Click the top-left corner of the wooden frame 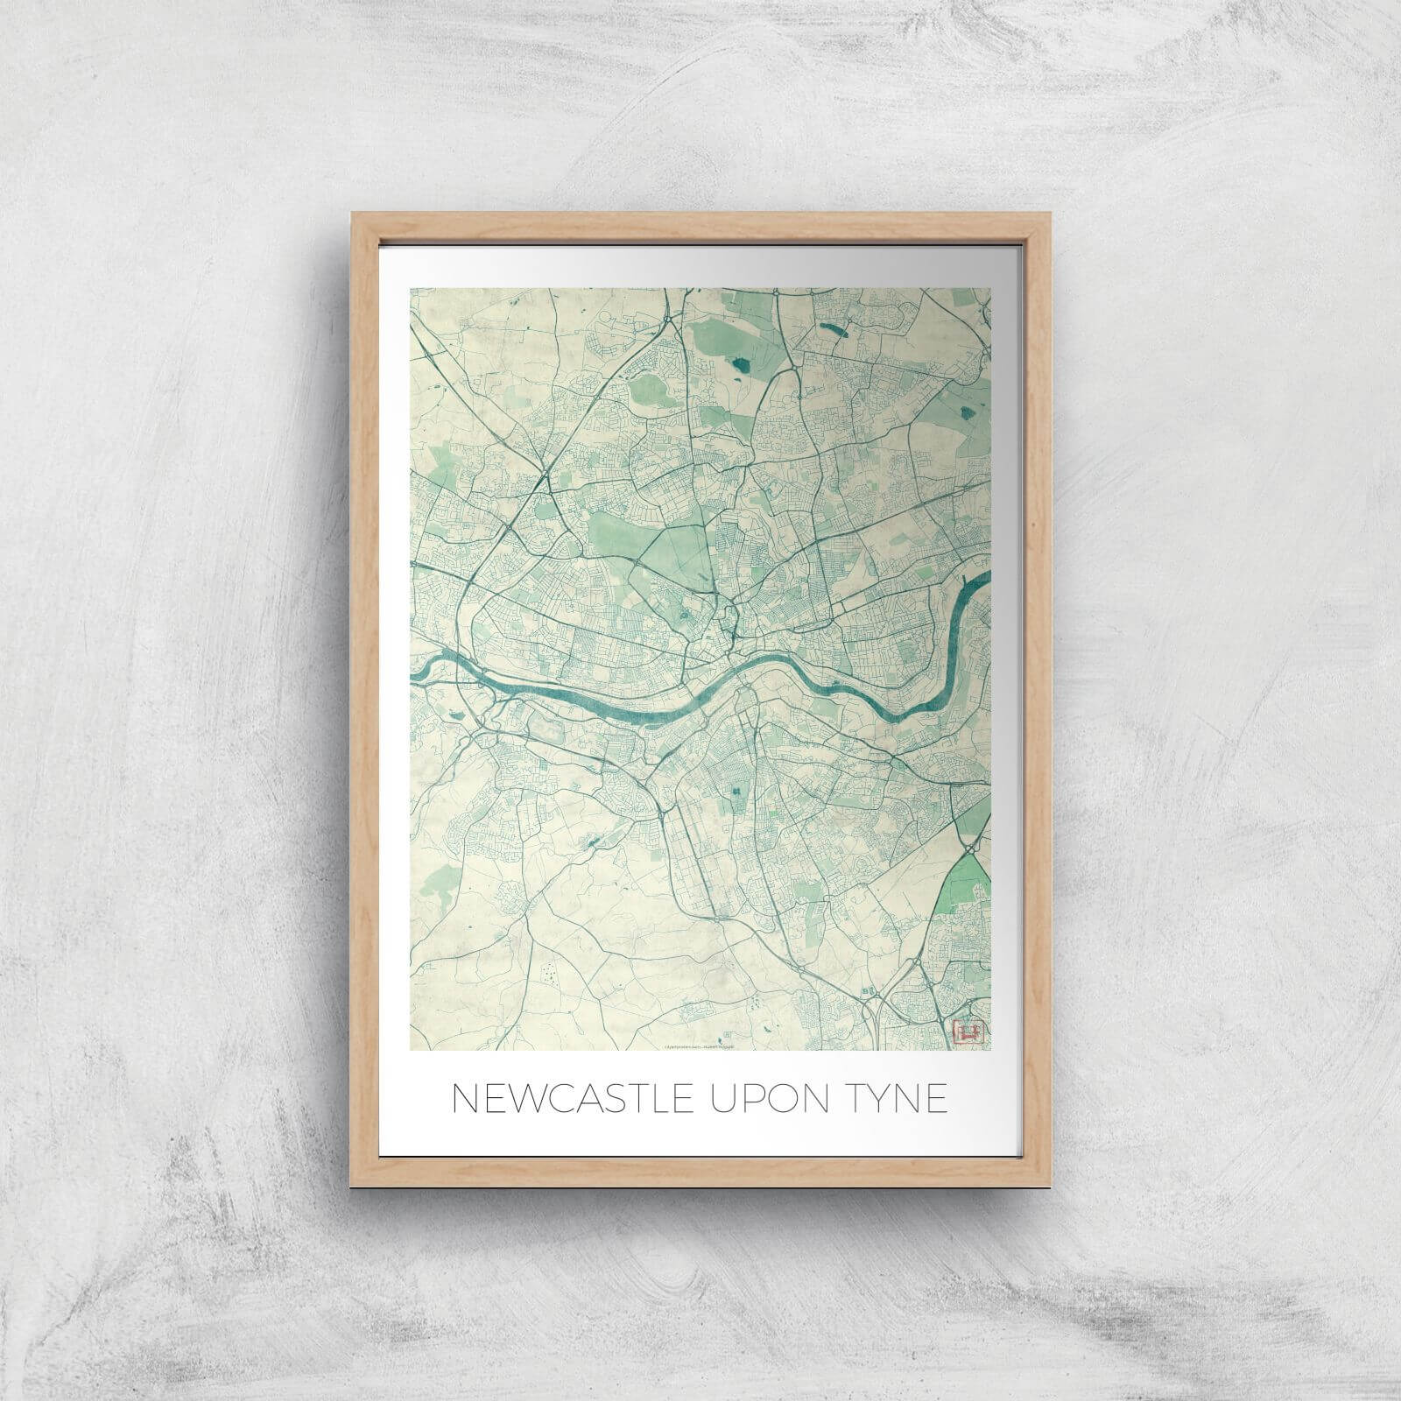coord(350,212)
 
